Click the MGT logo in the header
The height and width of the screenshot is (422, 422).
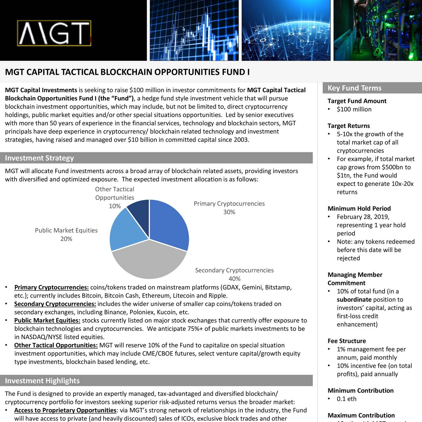(x=54, y=33)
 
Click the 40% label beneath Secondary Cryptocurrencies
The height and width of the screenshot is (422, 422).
(x=234, y=279)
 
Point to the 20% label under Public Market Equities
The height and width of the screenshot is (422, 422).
(x=66, y=239)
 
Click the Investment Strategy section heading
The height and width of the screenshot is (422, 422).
(x=39, y=158)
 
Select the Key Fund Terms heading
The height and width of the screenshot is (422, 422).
(x=354, y=88)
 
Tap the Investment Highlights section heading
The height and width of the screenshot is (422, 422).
(x=42, y=381)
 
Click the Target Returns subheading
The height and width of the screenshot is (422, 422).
(x=349, y=126)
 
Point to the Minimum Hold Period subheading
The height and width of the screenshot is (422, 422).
(x=359, y=208)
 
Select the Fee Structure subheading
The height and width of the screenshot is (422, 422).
(x=347, y=341)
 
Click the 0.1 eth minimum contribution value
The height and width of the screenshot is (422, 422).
(x=347, y=399)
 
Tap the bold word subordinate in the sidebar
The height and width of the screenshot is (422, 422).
(x=354, y=300)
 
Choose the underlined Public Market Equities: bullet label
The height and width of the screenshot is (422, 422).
(x=47, y=320)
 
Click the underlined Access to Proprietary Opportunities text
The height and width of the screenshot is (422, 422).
(x=65, y=410)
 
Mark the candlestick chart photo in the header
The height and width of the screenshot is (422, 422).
(x=194, y=30)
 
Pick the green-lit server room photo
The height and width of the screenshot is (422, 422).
(x=378, y=30)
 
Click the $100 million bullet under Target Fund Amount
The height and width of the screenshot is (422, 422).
(x=354, y=109)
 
